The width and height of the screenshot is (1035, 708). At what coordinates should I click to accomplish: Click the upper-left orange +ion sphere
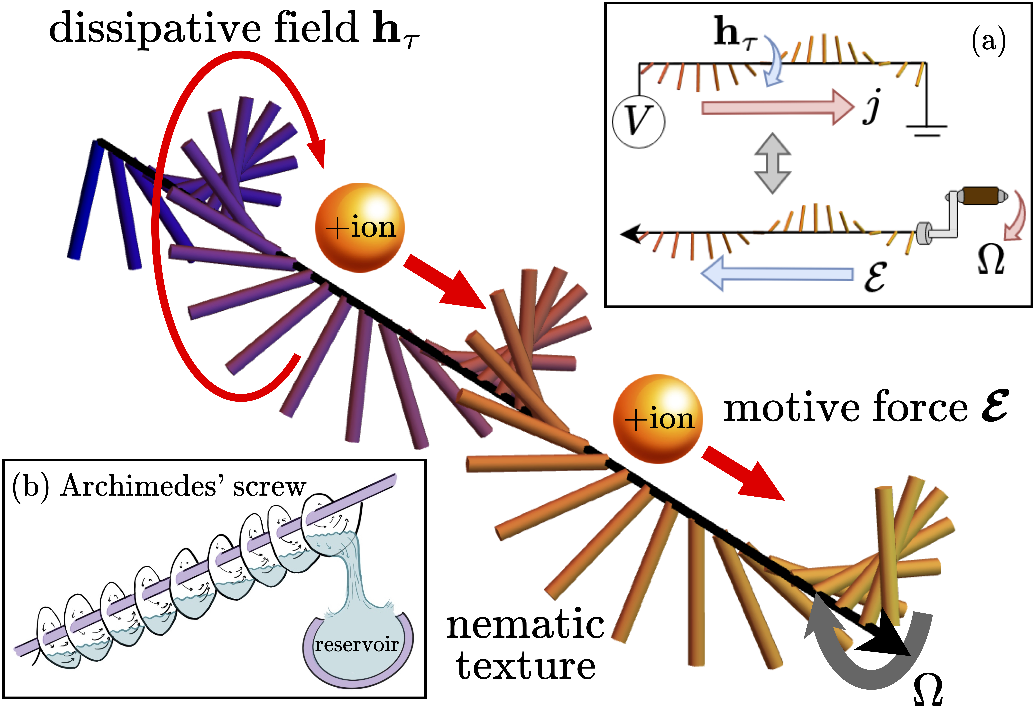(360, 228)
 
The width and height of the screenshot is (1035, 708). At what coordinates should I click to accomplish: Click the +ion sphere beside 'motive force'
(658, 419)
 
